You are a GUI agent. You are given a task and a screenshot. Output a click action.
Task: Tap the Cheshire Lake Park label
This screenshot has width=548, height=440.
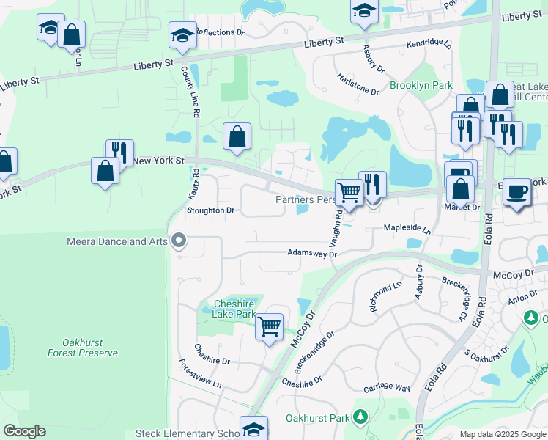pyautogui.click(x=234, y=309)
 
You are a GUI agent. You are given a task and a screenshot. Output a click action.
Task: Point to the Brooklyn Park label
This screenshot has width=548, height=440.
pyautogui.click(x=421, y=86)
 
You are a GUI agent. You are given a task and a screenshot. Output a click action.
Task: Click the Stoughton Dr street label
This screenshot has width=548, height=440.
pyautogui.click(x=210, y=210)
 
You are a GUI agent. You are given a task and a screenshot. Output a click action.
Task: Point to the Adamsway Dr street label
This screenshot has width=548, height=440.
pyautogui.click(x=311, y=254)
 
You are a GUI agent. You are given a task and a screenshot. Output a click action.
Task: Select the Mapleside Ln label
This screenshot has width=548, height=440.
pyautogui.click(x=407, y=229)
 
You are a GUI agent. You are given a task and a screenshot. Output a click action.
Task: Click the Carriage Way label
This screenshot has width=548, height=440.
pyautogui.click(x=386, y=387)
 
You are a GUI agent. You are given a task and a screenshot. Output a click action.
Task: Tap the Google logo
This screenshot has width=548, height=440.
pyautogui.click(x=24, y=431)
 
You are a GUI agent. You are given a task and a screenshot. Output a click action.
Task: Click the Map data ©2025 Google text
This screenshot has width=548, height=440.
pyautogui.click(x=503, y=434)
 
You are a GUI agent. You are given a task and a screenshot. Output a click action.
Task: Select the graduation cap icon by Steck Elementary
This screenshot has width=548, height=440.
pyautogui.click(x=254, y=428)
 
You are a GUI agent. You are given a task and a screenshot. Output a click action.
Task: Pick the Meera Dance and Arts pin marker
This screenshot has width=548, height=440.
pyautogui.click(x=178, y=241)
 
